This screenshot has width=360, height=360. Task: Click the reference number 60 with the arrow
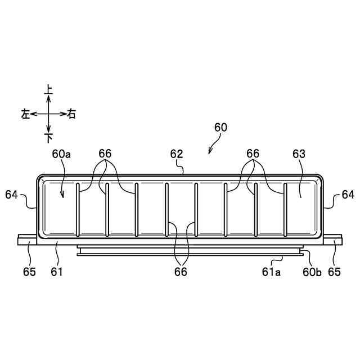click(220, 128)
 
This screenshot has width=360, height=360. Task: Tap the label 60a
click(60, 154)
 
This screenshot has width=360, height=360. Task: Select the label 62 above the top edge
click(177, 154)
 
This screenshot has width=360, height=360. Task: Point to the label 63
click(299, 154)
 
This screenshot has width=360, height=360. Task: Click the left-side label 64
click(11, 195)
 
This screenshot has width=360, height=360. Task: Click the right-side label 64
click(348, 195)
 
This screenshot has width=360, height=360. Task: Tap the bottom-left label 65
click(29, 272)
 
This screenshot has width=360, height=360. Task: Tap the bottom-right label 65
click(334, 272)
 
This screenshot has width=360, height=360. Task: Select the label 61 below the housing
click(56, 272)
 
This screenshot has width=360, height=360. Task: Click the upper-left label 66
click(105, 154)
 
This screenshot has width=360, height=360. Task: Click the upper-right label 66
click(253, 154)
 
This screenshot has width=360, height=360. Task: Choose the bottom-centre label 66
click(180, 272)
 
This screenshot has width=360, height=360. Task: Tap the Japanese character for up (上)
click(48, 89)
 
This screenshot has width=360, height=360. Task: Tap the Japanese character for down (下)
click(48, 137)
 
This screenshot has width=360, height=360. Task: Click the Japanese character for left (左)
click(25, 114)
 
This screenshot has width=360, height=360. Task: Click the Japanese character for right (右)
click(71, 114)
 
